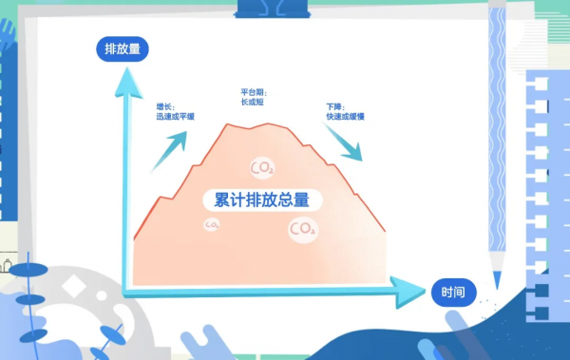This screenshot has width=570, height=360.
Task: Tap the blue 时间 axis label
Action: coord(453,292)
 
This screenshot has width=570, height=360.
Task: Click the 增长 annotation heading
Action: coord(163,107)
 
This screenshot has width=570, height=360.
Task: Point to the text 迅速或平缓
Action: coord(175,117)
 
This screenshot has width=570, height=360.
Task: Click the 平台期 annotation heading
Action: coord(254,93)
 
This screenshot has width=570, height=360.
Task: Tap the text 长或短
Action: coord(253,103)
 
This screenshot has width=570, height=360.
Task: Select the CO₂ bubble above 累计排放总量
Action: coord(261,168)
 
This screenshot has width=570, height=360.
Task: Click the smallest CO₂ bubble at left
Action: coord(211,225)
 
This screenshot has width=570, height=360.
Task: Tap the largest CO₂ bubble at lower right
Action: coord(302,229)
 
